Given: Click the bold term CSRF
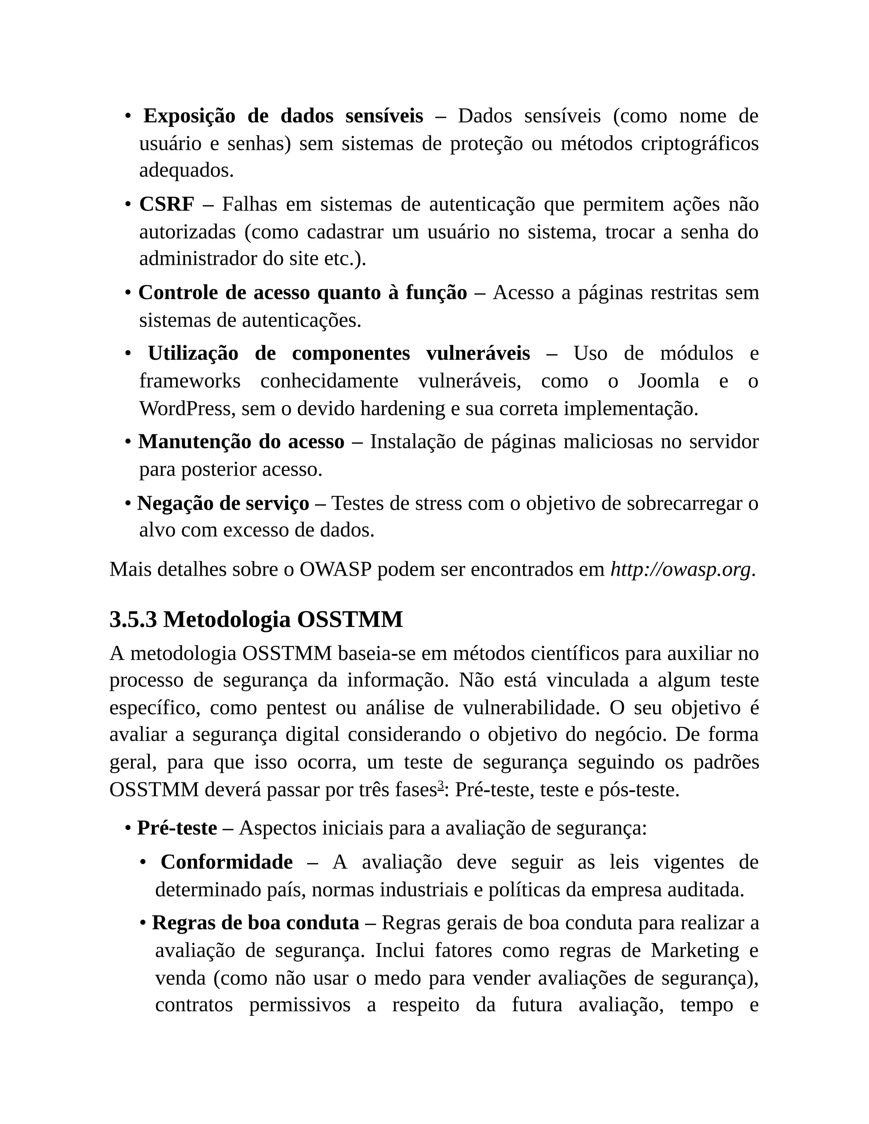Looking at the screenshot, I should [166, 205].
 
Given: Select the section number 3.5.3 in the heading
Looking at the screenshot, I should [133, 619].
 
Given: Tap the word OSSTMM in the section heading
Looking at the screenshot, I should [350, 619].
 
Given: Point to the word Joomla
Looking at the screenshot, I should [668, 381].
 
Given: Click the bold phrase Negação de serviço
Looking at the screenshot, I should [223, 503].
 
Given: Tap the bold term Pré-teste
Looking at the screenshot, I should [177, 828].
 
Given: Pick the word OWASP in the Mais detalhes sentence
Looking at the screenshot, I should [335, 569].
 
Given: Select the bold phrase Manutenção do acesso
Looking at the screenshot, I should [241, 442].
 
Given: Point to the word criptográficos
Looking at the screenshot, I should [700, 144].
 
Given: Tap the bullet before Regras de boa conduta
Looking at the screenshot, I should [143, 923].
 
